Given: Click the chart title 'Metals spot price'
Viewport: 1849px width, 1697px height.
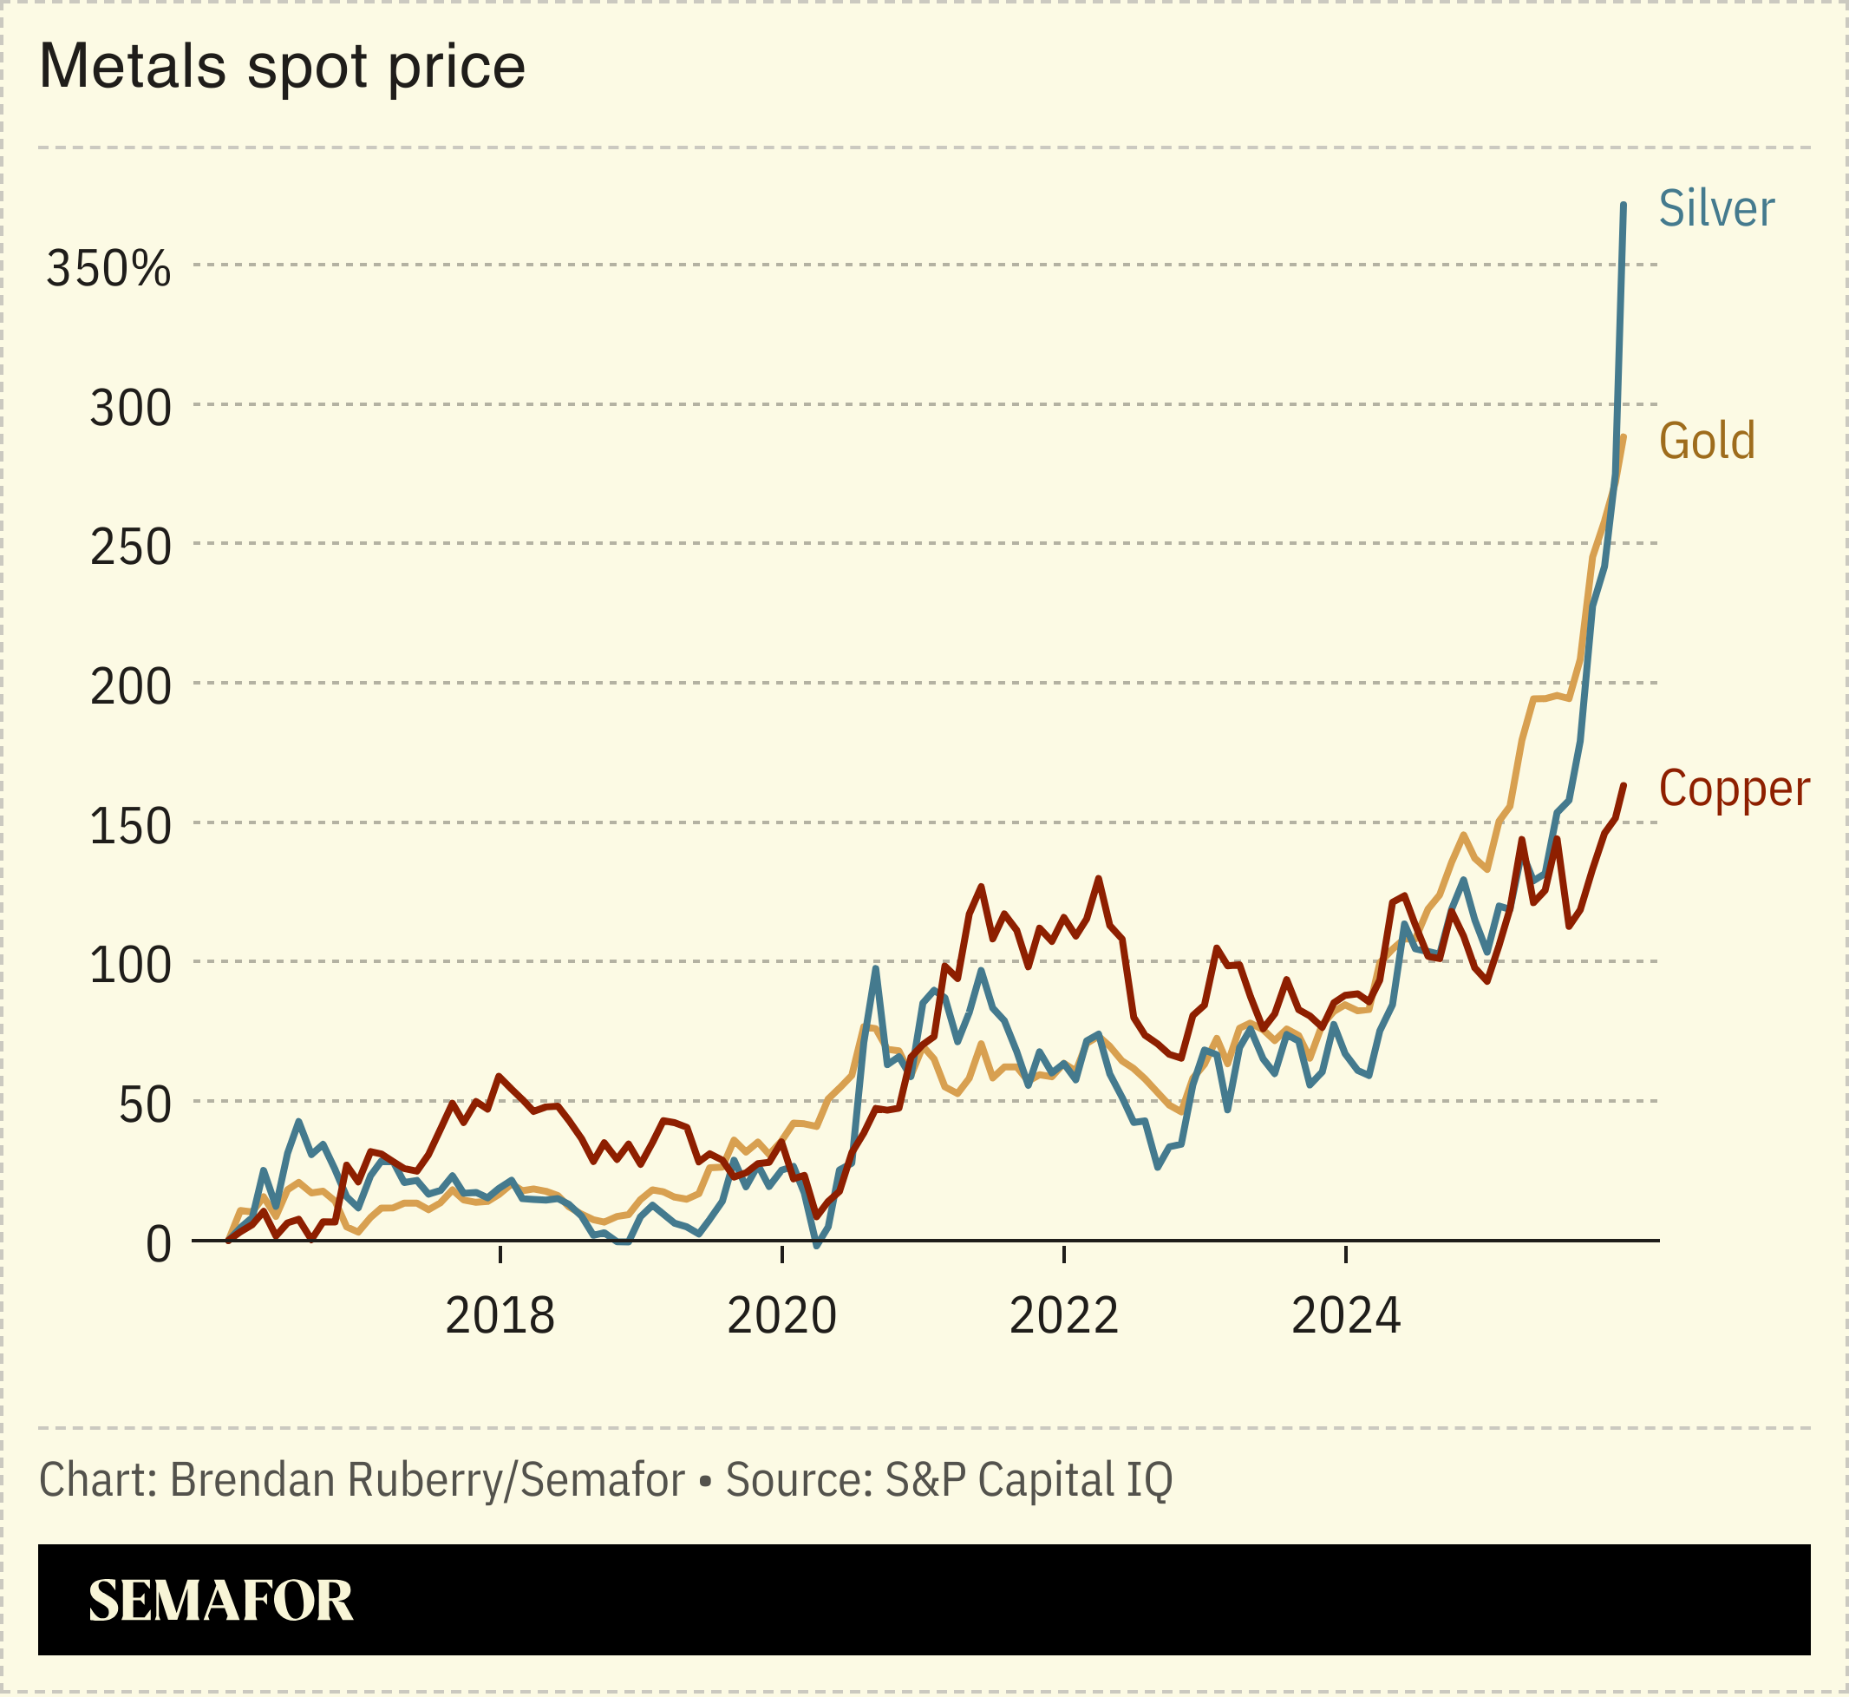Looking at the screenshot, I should (x=282, y=67).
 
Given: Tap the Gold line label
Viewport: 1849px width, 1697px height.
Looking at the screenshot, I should (x=1707, y=441).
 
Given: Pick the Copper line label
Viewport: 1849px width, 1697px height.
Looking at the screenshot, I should (x=1734, y=789).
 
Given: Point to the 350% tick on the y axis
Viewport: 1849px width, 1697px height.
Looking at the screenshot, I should (x=108, y=269).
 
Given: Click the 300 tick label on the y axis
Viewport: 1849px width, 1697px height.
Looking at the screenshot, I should (x=130, y=408).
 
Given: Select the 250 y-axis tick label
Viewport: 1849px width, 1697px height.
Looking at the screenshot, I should (x=130, y=547).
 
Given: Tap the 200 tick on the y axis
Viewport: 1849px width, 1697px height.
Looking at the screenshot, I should (x=130, y=687).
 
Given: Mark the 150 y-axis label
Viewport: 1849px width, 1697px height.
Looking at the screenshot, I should (x=130, y=827).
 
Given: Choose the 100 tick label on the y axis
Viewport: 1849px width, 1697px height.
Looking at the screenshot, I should (x=130, y=966).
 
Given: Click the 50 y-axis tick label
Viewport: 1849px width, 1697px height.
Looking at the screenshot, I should (x=145, y=1105).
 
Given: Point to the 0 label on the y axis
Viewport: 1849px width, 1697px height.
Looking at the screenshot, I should (x=158, y=1245).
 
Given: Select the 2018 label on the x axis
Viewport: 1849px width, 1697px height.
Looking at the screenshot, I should (x=500, y=1317).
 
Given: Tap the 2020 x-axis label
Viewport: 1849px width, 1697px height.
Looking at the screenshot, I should (x=781, y=1317).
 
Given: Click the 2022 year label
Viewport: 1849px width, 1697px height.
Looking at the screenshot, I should (x=1063, y=1317).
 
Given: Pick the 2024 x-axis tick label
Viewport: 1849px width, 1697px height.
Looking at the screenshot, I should (x=1345, y=1317).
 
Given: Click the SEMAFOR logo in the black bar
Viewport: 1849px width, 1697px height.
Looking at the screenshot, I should (x=220, y=1602).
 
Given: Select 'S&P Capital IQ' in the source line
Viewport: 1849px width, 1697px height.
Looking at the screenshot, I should (x=1029, y=1480).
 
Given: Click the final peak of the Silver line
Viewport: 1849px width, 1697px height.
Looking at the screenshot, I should (x=1624, y=206).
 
